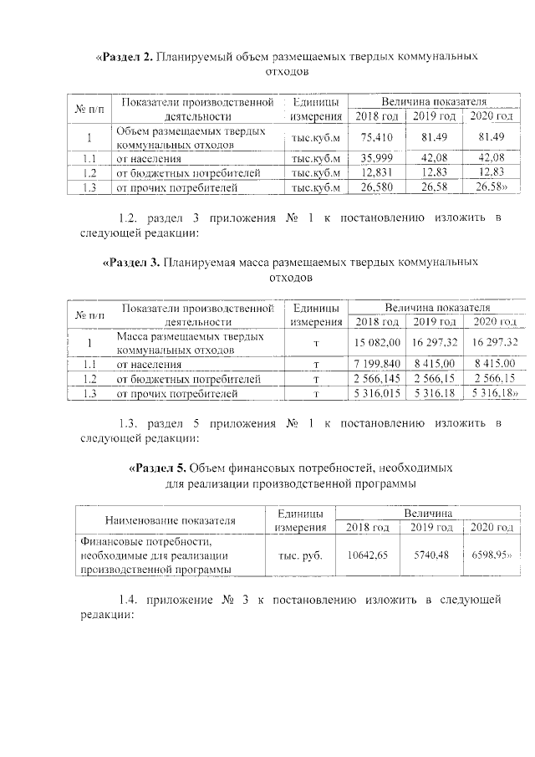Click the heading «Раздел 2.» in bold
(126, 57)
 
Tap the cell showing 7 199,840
(378, 363)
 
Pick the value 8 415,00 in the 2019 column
(434, 363)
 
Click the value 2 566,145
(378, 378)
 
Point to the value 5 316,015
(378, 393)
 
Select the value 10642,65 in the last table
(367, 554)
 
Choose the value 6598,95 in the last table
(490, 554)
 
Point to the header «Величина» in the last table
(427, 512)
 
